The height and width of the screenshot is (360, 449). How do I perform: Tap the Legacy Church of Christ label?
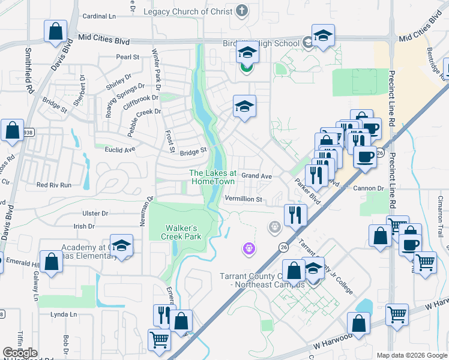point(187,11)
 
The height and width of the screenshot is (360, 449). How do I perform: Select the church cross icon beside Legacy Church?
point(242,10)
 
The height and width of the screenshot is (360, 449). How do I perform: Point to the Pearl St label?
point(127,57)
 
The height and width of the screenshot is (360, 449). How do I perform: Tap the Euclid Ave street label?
point(118,150)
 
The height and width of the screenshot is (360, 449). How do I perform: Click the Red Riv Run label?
point(53,185)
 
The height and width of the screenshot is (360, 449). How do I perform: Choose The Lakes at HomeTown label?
point(213,178)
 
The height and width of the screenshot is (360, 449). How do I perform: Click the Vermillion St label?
point(243,199)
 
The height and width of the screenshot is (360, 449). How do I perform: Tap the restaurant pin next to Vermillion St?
point(295,214)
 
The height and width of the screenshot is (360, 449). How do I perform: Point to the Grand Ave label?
point(258,176)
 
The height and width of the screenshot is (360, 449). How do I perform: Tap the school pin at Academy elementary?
point(122,246)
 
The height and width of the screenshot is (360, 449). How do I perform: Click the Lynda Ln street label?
point(64,314)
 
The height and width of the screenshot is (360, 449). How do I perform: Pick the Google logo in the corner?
point(20,353)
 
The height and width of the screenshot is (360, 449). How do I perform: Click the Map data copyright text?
point(411,355)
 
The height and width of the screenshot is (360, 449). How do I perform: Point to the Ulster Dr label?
point(96,213)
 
